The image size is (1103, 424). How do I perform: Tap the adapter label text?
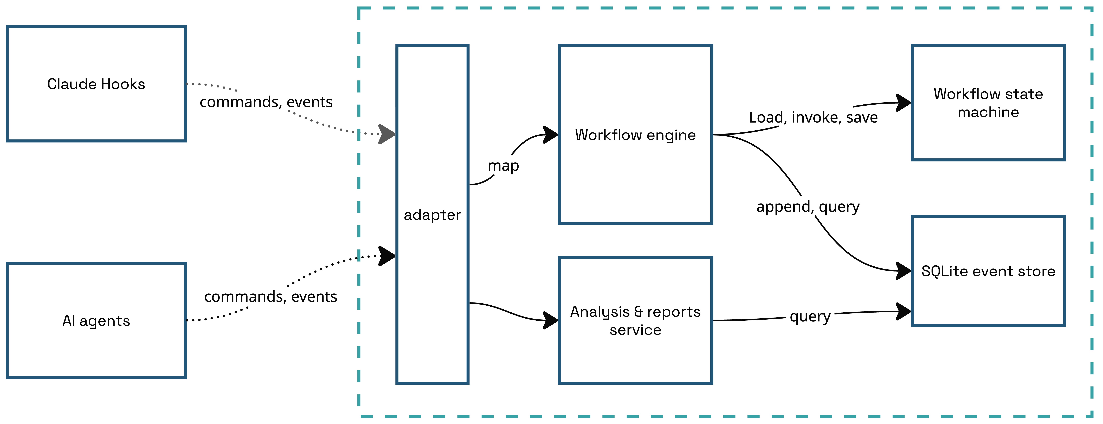(432, 215)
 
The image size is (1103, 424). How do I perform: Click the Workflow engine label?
(635, 135)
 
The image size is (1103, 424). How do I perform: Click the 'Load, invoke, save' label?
(813, 117)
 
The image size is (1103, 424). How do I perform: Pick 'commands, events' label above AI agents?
(271, 297)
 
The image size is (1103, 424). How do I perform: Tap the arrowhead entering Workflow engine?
(551, 135)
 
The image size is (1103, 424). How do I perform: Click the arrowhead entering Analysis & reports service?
(551, 320)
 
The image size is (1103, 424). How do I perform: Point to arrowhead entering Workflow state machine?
(904, 103)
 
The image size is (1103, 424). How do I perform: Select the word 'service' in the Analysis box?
(635, 330)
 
